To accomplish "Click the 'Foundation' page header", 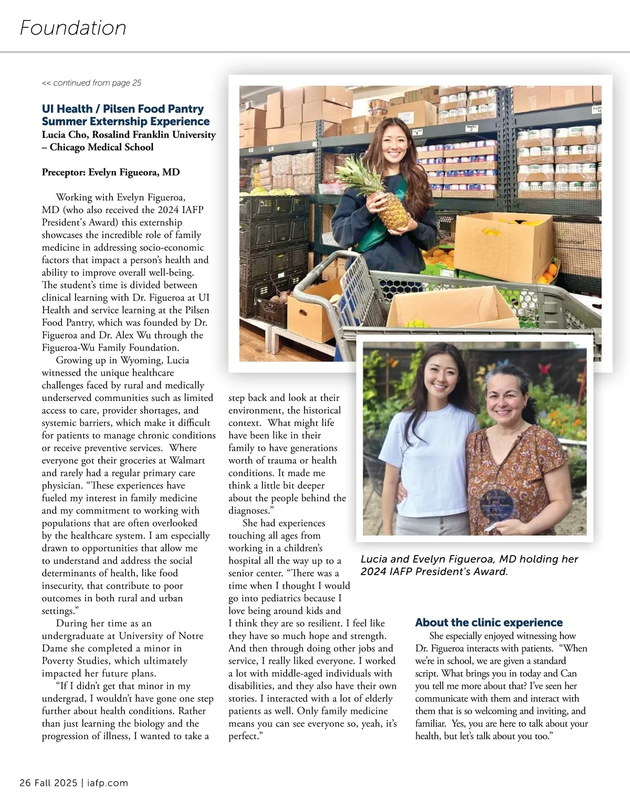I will (x=73, y=27).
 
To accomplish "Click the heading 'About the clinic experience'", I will (x=488, y=623).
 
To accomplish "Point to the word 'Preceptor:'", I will (x=64, y=172).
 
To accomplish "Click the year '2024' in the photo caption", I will (x=375, y=572).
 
